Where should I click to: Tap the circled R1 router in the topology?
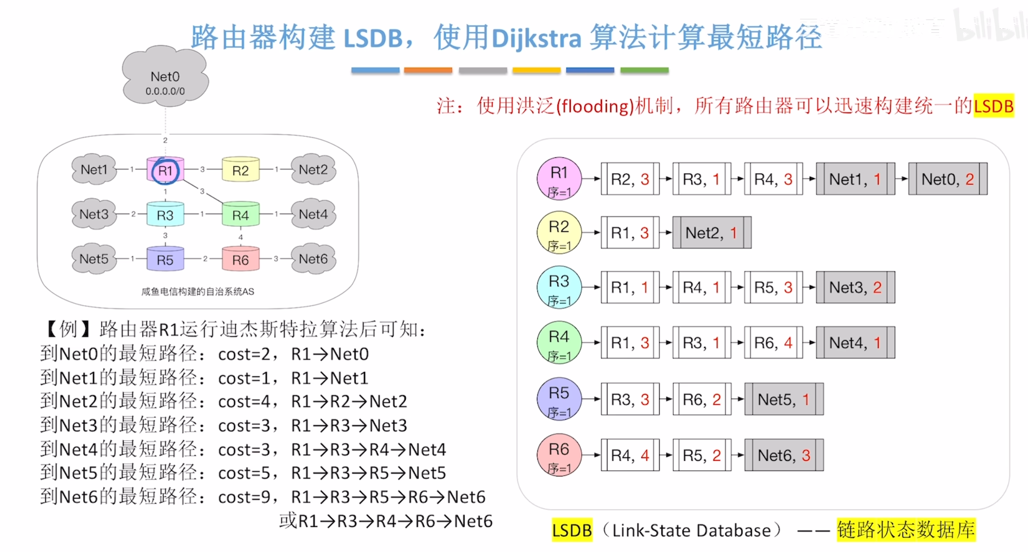165,171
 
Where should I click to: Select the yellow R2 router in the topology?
240,170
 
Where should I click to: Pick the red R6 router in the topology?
240,260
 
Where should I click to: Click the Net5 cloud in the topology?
94,259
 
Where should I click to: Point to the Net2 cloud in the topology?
313,169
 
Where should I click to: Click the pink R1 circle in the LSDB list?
559,178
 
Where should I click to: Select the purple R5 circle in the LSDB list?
559,399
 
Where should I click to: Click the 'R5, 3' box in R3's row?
773,287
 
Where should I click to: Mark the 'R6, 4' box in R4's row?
773,343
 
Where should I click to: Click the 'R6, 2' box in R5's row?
702,399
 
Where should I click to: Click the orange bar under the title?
428,70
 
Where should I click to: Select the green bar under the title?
644,70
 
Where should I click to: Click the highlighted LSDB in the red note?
993,106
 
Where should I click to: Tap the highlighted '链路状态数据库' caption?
906,530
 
